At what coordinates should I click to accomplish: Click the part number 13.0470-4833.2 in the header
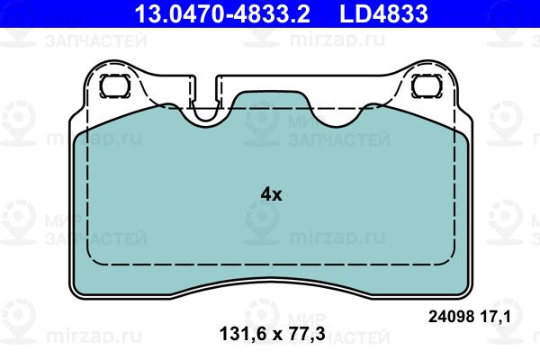click(x=222, y=13)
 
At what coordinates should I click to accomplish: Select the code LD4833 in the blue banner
click(x=384, y=13)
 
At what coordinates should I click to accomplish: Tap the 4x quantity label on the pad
click(x=271, y=195)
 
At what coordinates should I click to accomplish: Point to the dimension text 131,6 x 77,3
click(x=272, y=334)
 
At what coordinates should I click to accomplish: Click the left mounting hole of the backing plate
click(x=115, y=85)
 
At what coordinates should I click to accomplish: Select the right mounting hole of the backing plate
click(x=427, y=85)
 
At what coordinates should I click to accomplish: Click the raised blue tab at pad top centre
click(x=272, y=101)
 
